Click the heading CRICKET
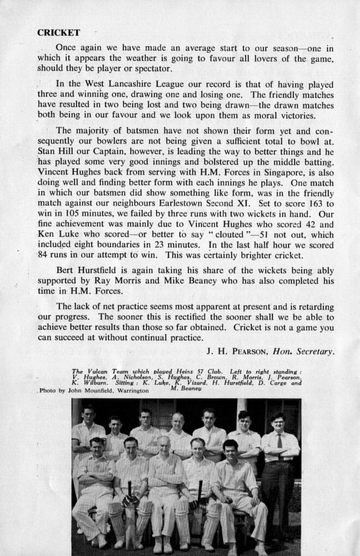tap(59, 33)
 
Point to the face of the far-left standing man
tap(88, 414)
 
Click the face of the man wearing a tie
tap(278, 423)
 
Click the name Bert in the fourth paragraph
tap(66, 270)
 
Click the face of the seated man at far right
tap(230, 448)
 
